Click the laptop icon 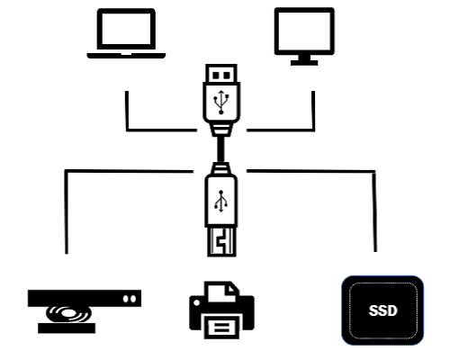126,33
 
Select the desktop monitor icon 304,36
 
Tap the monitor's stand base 304,63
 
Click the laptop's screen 126,29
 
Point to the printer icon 221,310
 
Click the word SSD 382,310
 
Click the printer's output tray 221,327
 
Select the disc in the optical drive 68,314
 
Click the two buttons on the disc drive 130,299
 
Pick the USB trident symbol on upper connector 221,102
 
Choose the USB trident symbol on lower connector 221,201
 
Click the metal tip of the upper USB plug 221,74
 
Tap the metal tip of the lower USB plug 221,242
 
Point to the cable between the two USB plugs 221,149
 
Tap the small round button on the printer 197,302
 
